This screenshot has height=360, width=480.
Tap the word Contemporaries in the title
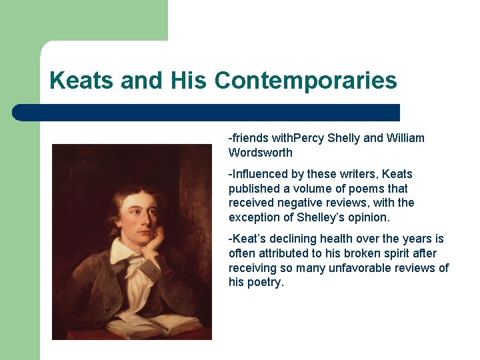pyautogui.click(x=306, y=81)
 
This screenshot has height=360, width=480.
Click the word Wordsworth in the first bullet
pyautogui.click(x=261, y=153)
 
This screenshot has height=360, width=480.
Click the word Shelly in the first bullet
pyautogui.click(x=343, y=138)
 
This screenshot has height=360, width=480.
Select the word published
pyautogui.click(x=255, y=189)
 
